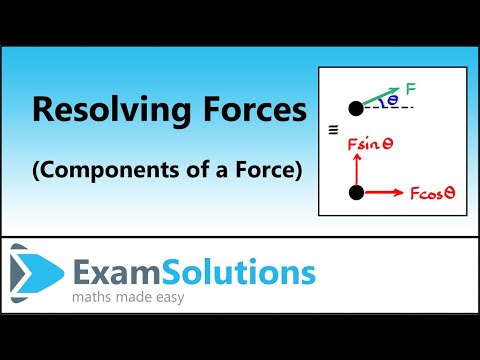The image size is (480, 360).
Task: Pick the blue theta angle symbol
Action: (x=392, y=101)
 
